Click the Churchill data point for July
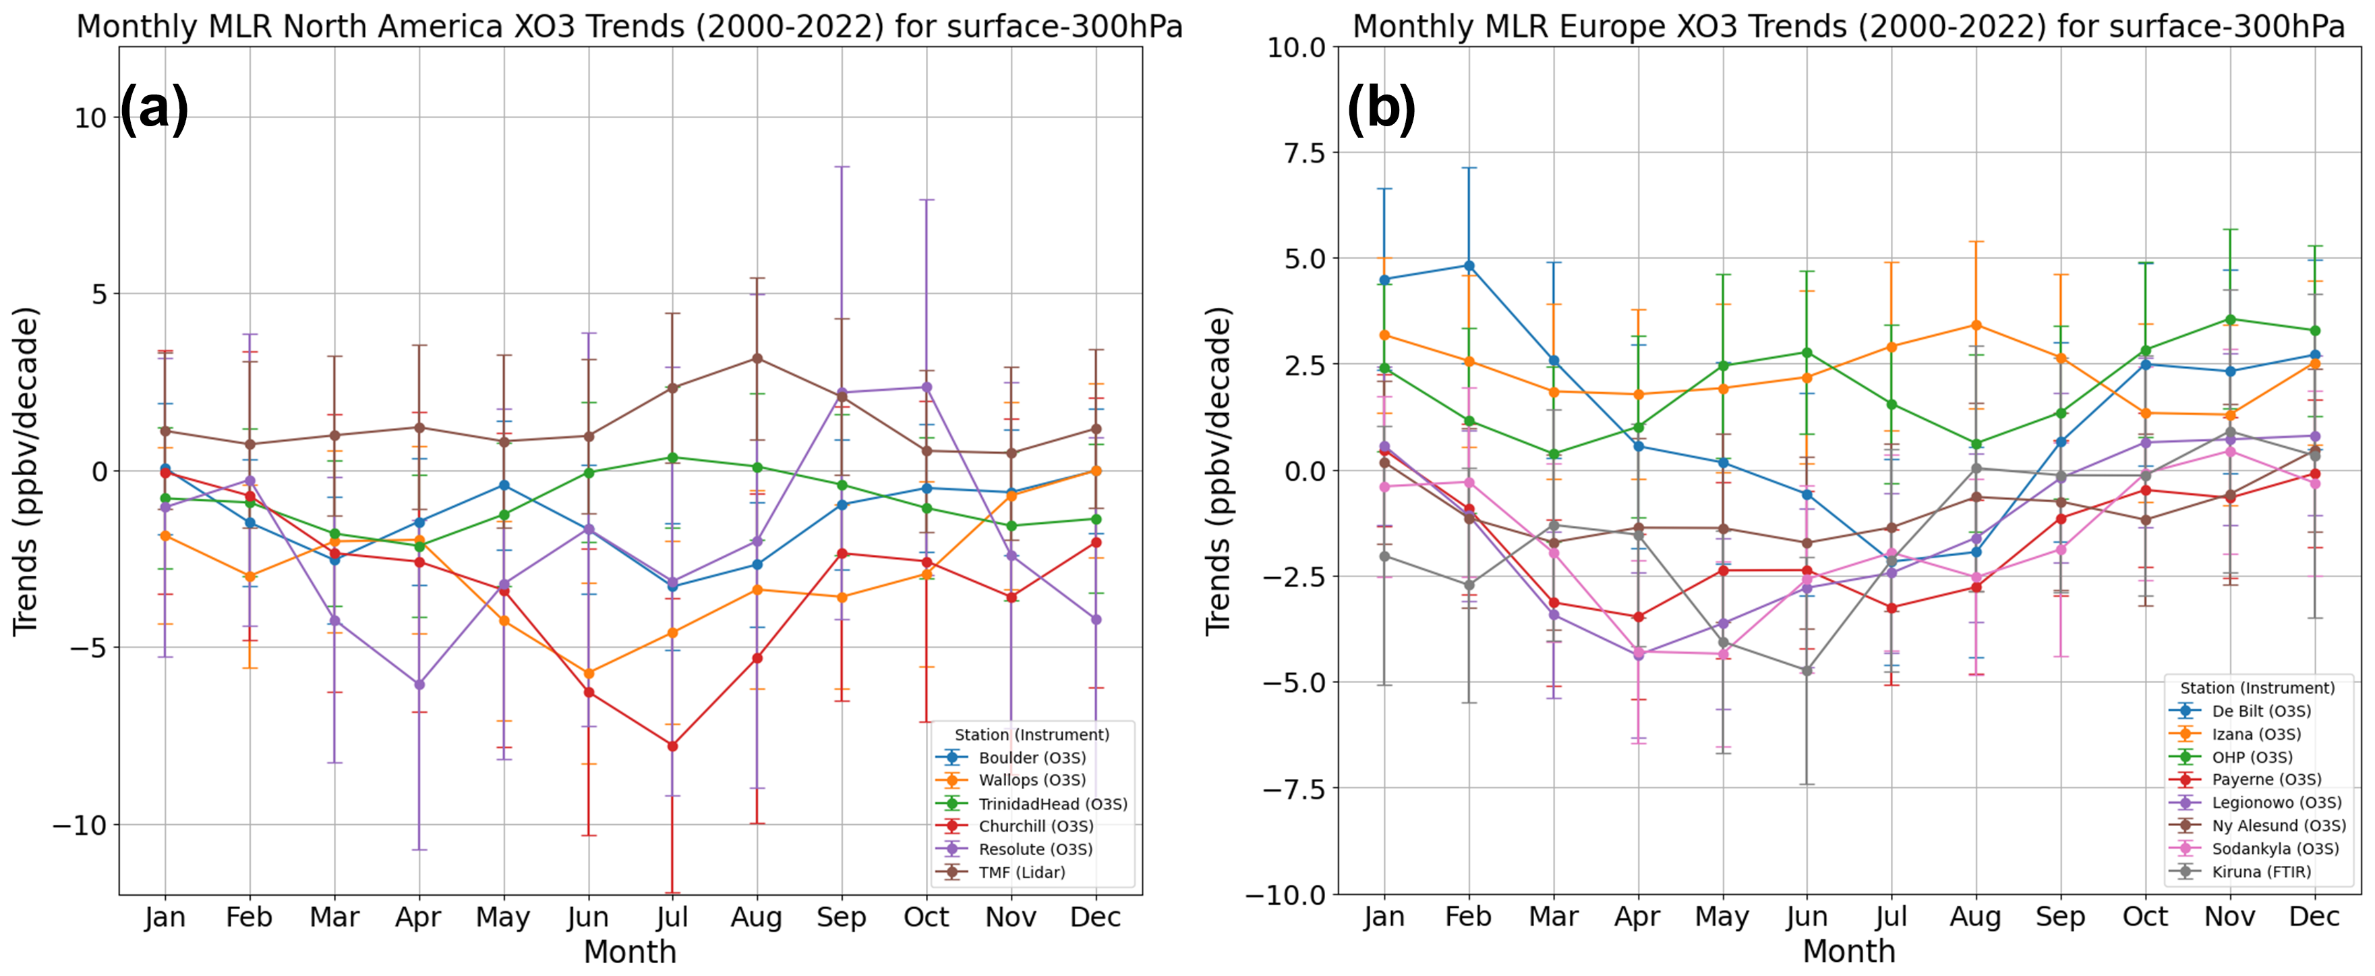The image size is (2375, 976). [x=672, y=745]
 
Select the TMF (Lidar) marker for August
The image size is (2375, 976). [x=757, y=358]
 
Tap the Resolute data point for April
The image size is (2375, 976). [x=419, y=684]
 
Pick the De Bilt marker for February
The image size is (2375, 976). [x=1469, y=266]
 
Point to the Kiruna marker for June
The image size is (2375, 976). [x=1807, y=671]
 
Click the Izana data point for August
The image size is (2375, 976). [x=1976, y=325]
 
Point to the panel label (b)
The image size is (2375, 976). [x=1380, y=108]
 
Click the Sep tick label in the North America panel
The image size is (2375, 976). [x=841, y=917]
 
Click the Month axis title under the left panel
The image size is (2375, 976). [x=630, y=951]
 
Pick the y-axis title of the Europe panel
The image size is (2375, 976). [x=1219, y=470]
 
